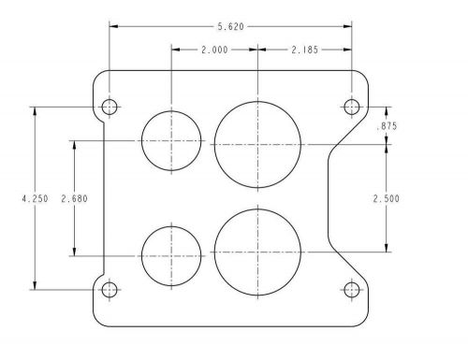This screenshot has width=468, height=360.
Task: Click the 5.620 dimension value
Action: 230,28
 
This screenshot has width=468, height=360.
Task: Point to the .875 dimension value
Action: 387,126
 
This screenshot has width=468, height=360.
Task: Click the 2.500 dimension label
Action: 387,198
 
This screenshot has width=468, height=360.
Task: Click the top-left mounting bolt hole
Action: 110,107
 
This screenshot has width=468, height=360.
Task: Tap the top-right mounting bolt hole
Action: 352,107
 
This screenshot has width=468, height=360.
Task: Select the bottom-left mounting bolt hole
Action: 110,289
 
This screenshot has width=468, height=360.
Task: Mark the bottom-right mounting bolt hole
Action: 352,289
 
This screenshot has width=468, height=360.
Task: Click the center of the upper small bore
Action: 171,141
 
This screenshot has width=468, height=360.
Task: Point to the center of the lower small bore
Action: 171,253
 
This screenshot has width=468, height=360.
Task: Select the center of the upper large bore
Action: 257,144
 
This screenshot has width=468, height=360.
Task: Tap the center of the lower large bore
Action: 257,251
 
